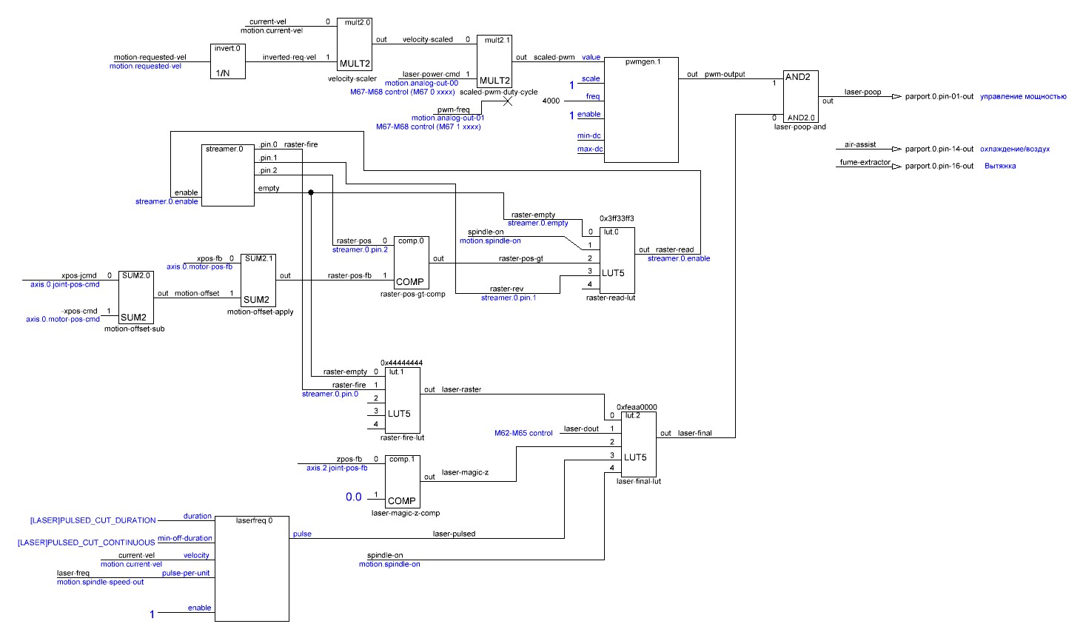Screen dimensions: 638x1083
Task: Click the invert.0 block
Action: point(227,61)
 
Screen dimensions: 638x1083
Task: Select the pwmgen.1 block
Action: point(642,109)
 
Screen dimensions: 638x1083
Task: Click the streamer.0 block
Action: point(228,175)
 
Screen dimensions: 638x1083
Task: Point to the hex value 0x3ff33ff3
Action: point(617,219)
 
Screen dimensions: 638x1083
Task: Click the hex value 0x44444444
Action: point(401,363)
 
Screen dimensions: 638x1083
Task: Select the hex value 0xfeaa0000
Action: point(637,407)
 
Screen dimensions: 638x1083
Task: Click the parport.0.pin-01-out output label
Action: point(939,96)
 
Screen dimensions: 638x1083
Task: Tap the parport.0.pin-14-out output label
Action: point(939,149)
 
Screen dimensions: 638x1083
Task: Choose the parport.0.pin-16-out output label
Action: point(939,166)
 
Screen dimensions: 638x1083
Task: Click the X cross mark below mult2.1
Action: point(508,101)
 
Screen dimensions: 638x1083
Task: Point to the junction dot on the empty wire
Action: point(311,192)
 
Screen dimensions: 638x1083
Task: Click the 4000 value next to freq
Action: point(551,101)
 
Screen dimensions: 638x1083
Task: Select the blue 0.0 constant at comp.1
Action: point(354,497)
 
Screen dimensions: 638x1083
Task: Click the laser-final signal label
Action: point(694,433)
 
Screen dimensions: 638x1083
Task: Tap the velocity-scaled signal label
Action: point(427,39)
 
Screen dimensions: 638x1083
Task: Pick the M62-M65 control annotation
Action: point(523,433)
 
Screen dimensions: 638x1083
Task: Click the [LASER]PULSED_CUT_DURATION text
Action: point(93,520)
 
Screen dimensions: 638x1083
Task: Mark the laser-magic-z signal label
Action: point(465,472)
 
